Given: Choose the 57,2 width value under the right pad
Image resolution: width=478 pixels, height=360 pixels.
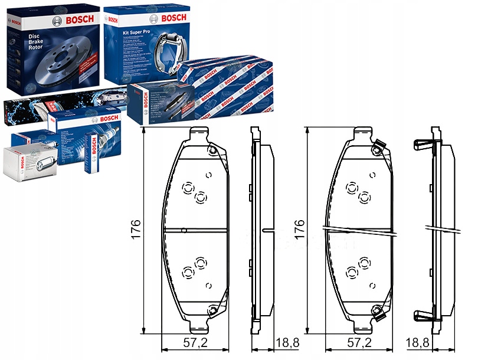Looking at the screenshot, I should pyautogui.click(x=359, y=343).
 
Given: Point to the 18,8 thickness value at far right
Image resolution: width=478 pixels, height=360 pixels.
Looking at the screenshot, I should pyautogui.click(x=417, y=343).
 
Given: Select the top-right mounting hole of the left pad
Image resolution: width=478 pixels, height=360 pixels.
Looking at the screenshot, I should pyautogui.click(x=212, y=150).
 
